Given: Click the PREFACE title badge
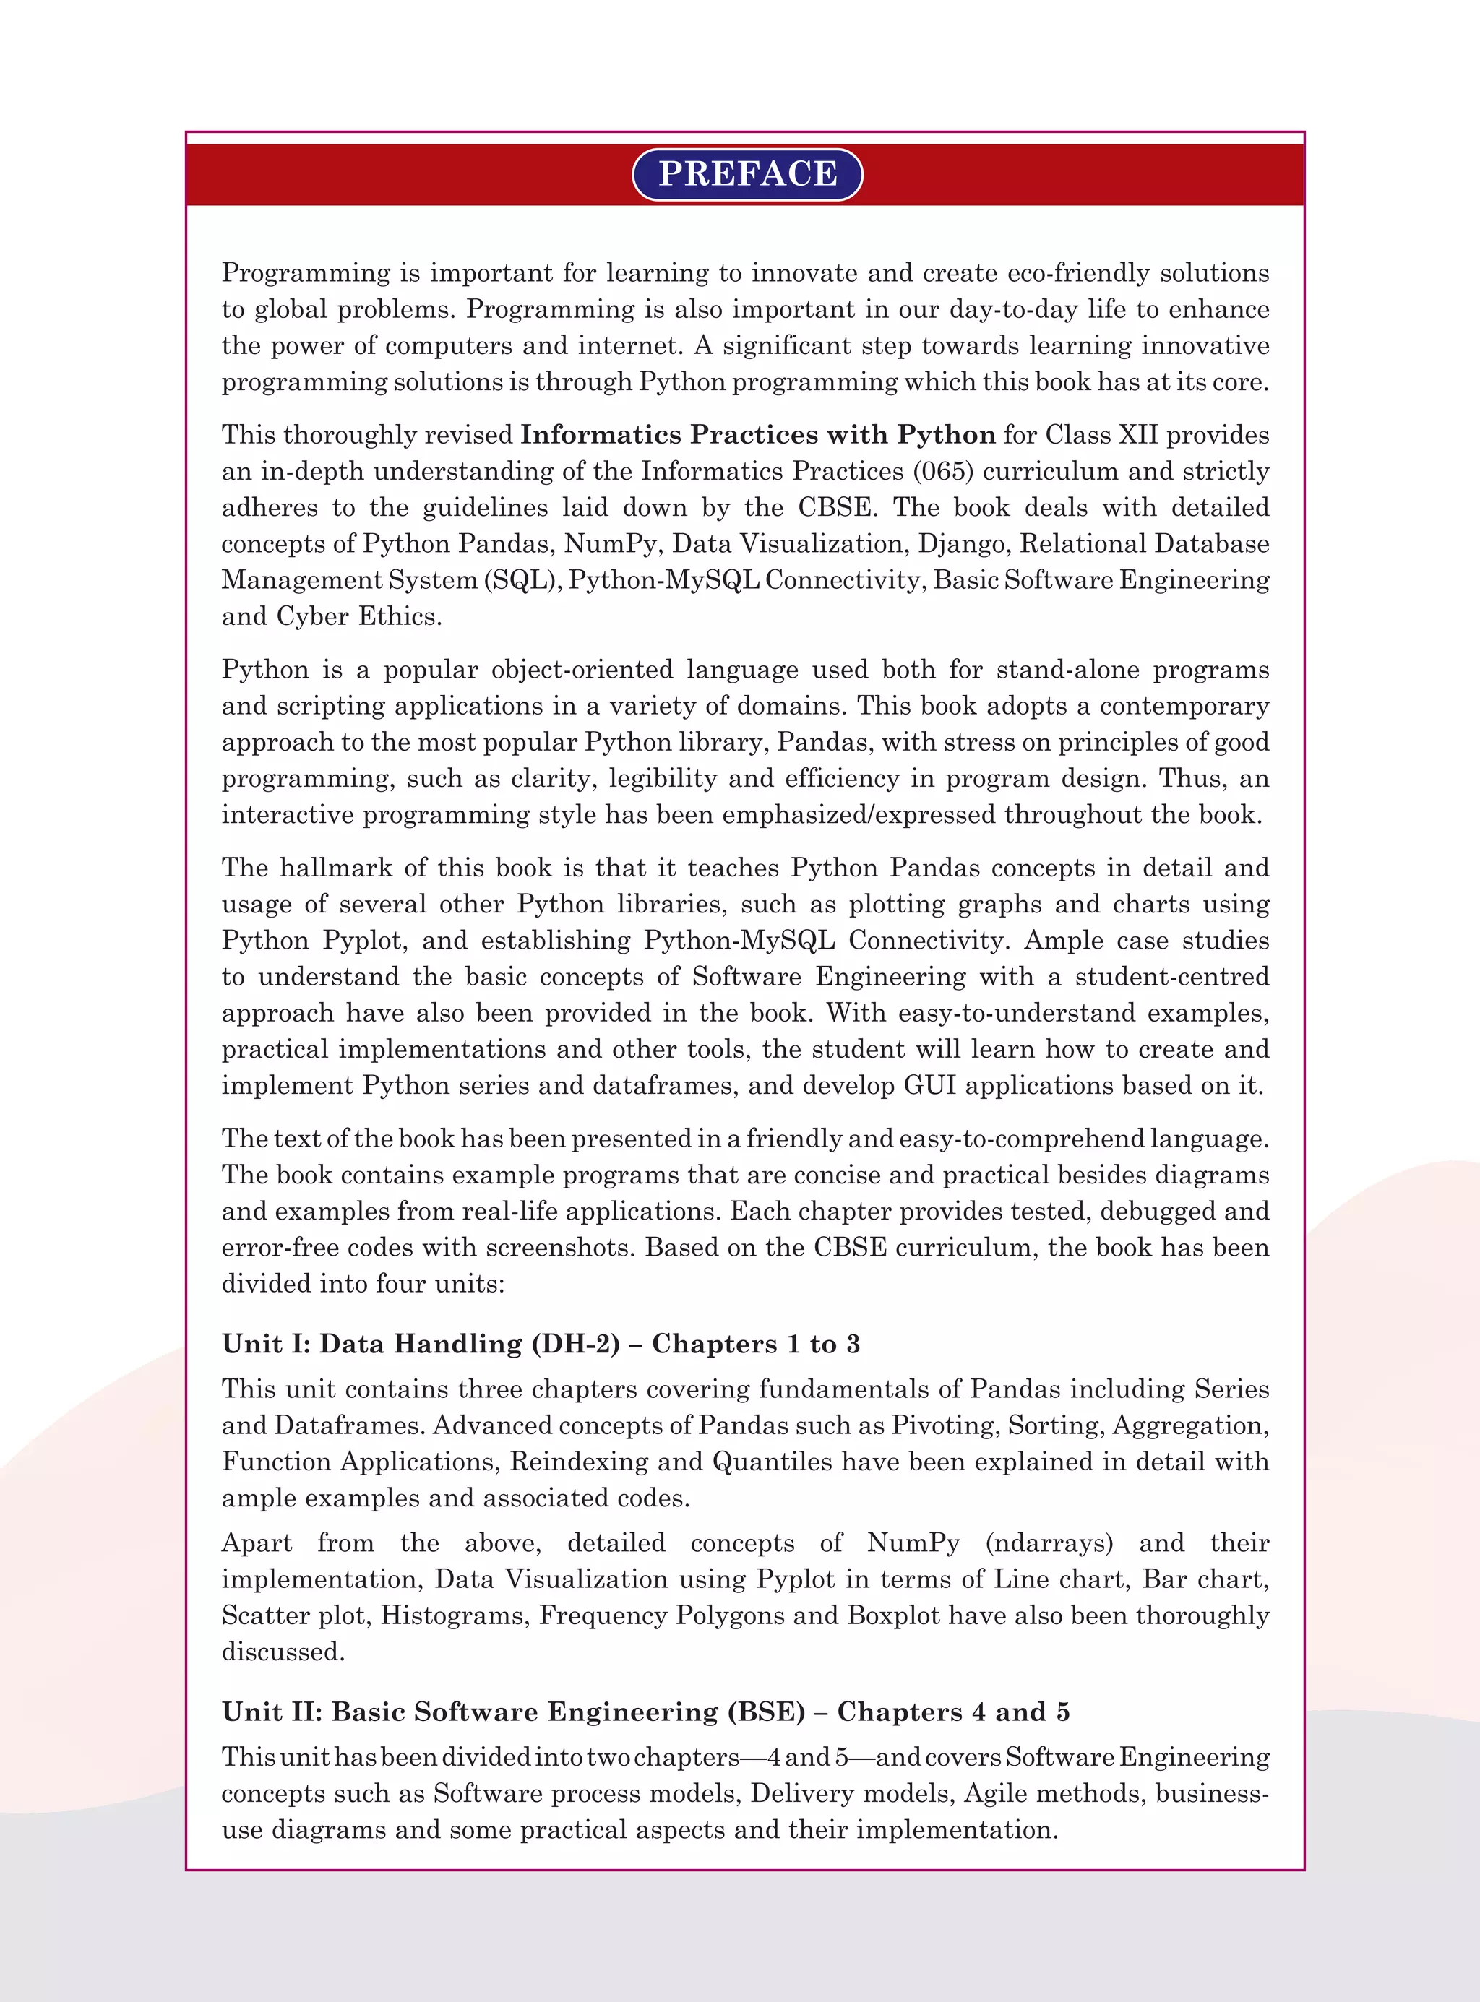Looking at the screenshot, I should point(747,174).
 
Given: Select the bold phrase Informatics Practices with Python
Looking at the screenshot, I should point(758,436).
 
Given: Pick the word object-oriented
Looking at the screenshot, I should point(583,670).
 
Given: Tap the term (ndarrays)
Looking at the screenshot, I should point(1049,1543).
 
